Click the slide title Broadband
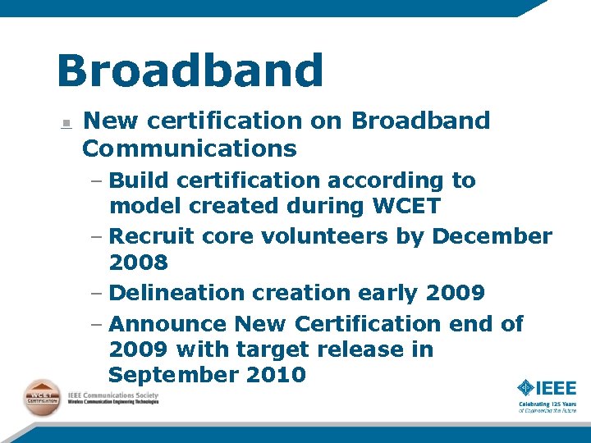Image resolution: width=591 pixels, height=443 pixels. [190, 71]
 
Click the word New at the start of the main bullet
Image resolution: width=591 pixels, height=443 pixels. [108, 121]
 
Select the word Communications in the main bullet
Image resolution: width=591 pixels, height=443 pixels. [190, 148]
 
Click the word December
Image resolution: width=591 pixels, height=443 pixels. [492, 236]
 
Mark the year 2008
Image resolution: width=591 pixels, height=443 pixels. [138, 263]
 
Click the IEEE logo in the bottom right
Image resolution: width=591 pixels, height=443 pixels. [547, 387]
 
